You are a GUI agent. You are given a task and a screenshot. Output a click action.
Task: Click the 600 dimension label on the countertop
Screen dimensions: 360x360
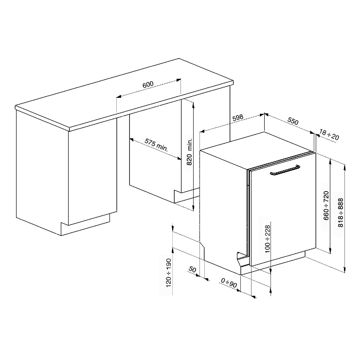pyautogui.click(x=148, y=85)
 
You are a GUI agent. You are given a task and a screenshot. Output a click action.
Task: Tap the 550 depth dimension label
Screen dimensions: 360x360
pyautogui.click(x=293, y=121)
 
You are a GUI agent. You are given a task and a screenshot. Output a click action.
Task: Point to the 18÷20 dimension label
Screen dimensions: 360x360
pyautogui.click(x=329, y=135)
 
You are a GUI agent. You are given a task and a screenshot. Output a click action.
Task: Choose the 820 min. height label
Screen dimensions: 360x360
pyautogui.click(x=189, y=152)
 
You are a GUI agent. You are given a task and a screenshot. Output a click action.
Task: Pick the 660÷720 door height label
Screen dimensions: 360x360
pyautogui.click(x=326, y=205)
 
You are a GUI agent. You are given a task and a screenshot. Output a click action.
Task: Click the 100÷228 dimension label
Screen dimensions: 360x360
pyautogui.click(x=268, y=239)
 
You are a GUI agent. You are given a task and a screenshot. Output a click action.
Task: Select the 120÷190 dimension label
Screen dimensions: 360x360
pyautogui.click(x=169, y=273)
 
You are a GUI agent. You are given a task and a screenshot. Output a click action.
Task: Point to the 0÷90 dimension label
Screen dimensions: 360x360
pyautogui.click(x=229, y=283)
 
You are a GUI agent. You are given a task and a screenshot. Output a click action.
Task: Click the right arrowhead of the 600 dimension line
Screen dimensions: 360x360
pyautogui.click(x=179, y=80)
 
